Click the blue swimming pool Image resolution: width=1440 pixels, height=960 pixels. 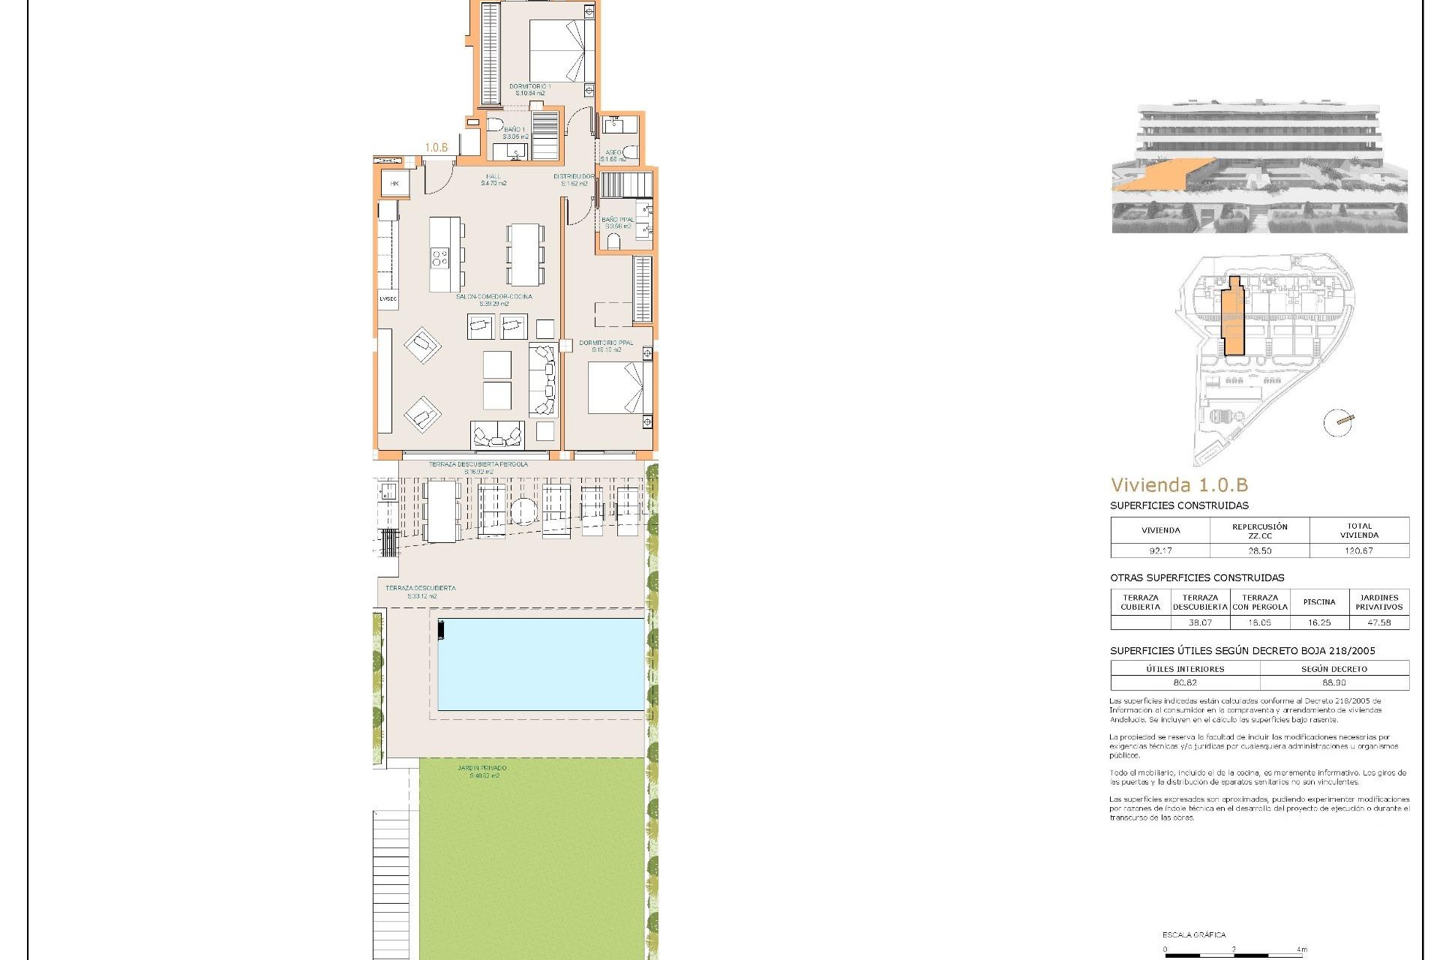[x=541, y=664]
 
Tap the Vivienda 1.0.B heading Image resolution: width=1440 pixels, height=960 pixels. [x=1179, y=485]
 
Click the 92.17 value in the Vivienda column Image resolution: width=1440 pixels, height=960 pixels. [x=1160, y=550]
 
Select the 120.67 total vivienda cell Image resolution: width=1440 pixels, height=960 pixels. [x=1359, y=550]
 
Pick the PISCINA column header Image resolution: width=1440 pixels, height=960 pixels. [x=1319, y=601]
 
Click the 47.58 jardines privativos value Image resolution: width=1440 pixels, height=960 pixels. [x=1378, y=622]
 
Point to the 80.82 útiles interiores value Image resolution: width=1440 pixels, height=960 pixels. [x=1185, y=682]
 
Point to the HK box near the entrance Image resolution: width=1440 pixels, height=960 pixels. [x=394, y=184]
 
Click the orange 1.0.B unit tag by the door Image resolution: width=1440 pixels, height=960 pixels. [x=436, y=148]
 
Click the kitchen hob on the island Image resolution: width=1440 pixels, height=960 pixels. [x=439, y=259]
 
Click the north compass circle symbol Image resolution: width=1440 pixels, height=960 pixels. [x=1337, y=423]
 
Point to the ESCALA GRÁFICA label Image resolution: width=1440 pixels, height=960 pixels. [x=1194, y=934]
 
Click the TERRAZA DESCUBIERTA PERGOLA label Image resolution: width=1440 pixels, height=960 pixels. [x=478, y=464]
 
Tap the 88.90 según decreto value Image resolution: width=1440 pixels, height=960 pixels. [x=1333, y=682]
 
